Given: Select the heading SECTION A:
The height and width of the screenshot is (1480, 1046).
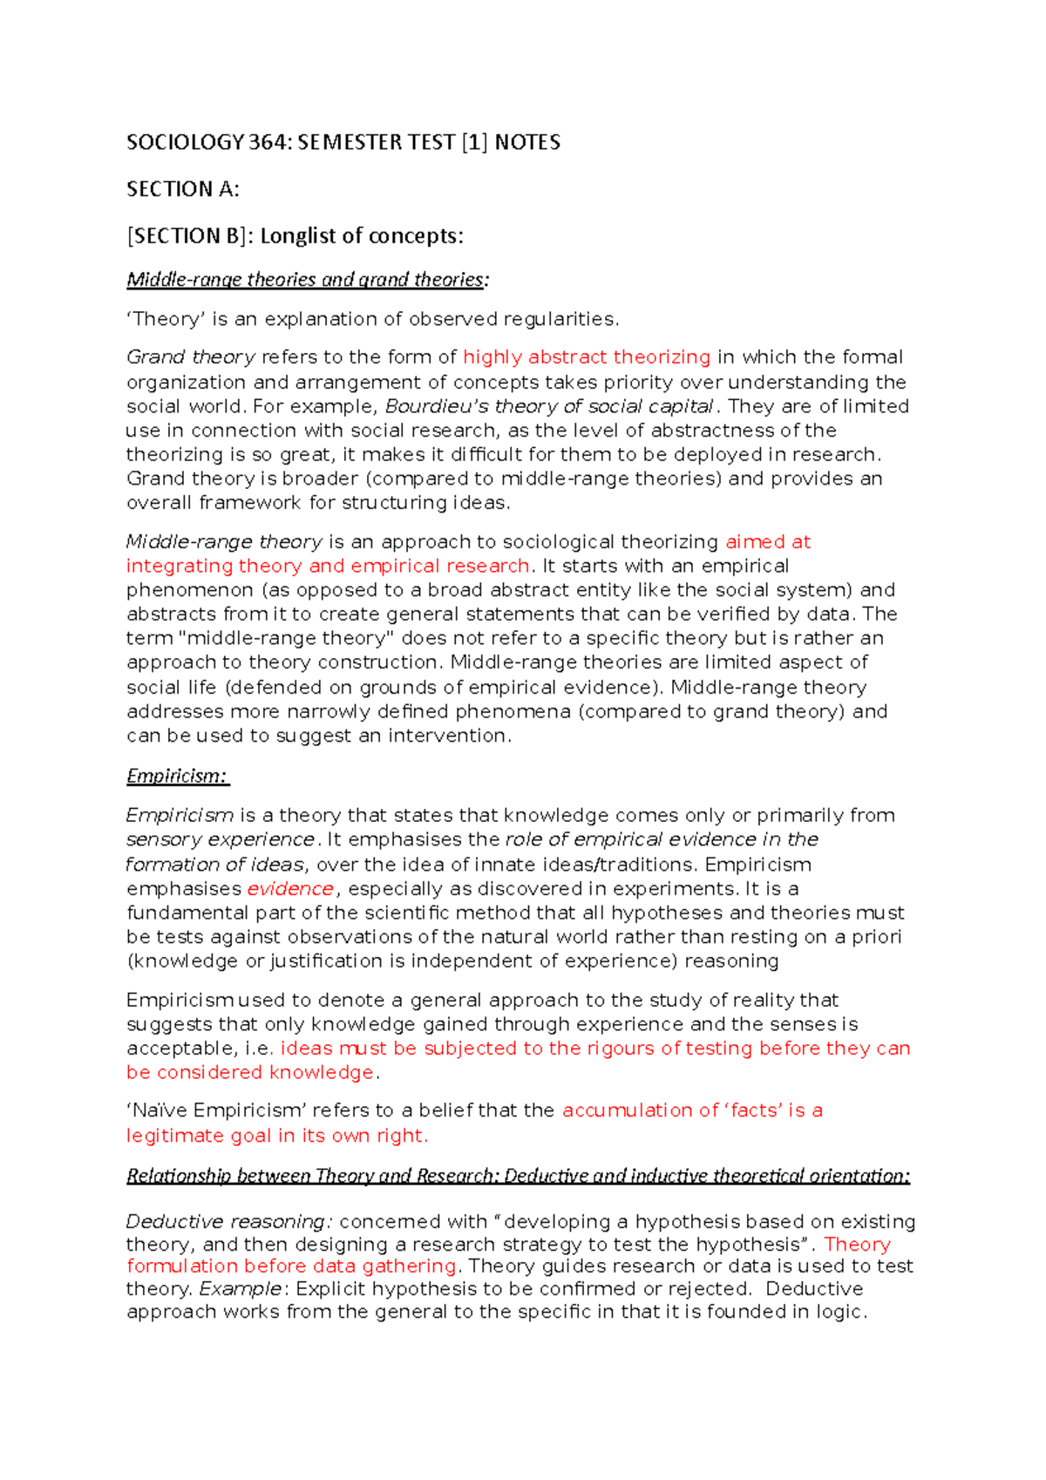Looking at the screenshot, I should click(182, 189).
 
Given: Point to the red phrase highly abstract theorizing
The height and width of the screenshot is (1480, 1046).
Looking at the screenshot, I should click(587, 357).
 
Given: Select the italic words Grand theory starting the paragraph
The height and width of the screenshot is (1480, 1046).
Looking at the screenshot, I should click(191, 357).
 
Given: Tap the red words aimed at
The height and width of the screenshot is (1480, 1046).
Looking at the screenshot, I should click(768, 542).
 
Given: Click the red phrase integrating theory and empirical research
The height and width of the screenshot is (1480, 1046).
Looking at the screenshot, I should click(328, 566).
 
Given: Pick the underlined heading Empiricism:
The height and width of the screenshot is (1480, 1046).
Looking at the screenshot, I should click(177, 776).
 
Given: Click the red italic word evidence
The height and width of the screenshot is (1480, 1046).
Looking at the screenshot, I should click(290, 889).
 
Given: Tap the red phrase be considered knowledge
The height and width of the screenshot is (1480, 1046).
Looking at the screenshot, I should click(250, 1072).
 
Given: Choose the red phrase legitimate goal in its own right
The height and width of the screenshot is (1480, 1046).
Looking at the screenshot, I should click(276, 1136).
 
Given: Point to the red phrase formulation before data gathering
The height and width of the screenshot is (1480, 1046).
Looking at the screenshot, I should click(291, 1266).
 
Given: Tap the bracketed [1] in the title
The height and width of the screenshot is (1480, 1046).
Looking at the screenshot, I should click(474, 142).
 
